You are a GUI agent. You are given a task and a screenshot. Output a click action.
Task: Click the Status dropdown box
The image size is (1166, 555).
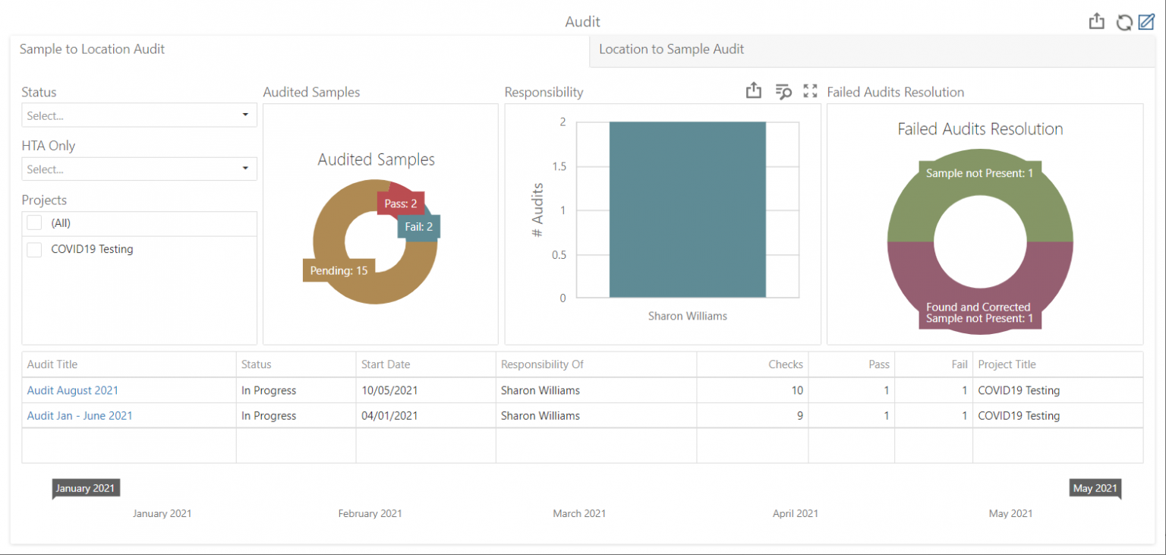(139, 115)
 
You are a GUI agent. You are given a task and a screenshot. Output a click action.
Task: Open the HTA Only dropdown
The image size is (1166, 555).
(139, 169)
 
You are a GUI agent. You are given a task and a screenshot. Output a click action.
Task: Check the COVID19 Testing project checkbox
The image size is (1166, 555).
(34, 250)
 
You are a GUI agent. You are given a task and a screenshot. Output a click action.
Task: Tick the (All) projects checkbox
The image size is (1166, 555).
(34, 223)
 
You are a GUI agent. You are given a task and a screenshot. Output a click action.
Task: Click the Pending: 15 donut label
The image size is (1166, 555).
(339, 270)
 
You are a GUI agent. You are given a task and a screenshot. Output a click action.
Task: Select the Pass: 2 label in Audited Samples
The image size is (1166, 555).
(400, 203)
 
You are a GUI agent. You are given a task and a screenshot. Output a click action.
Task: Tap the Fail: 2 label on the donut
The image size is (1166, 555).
(418, 226)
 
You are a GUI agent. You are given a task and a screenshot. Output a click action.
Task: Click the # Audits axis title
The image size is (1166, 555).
(537, 210)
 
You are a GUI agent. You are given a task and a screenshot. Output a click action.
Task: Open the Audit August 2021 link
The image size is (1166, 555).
(73, 390)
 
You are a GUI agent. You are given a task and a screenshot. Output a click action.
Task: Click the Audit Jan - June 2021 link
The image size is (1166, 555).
(80, 415)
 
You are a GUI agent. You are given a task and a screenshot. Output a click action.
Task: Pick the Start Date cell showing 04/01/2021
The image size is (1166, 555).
(389, 415)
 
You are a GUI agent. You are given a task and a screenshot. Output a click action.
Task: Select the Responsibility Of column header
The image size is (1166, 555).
(542, 364)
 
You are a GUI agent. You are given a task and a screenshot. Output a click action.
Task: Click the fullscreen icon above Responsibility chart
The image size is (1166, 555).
(810, 91)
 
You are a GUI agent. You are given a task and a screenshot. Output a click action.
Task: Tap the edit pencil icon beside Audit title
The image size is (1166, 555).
(1146, 22)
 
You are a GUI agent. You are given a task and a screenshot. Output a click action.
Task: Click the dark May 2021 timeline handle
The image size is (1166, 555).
(1094, 488)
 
